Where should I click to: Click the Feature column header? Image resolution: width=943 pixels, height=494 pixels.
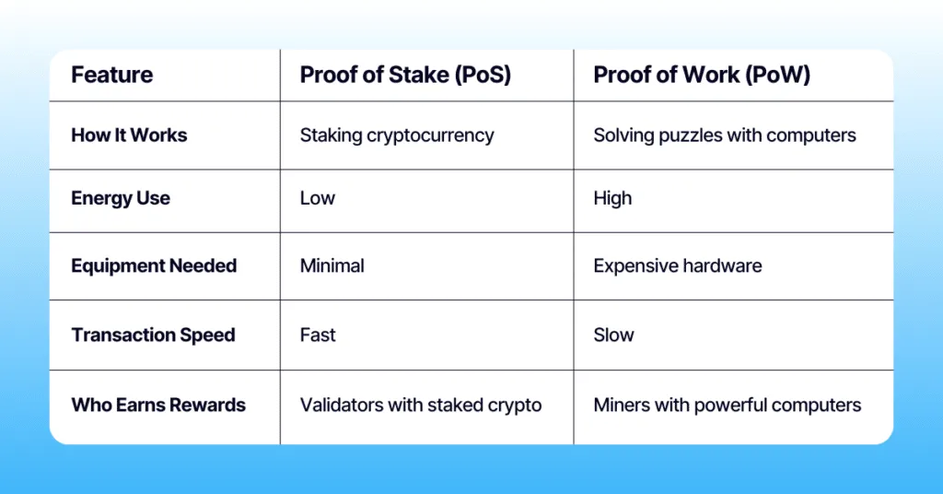112,75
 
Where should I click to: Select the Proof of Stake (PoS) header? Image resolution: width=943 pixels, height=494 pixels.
405,75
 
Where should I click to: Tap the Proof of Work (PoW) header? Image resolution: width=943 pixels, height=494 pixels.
702,75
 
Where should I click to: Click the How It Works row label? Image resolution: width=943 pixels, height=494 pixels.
129,135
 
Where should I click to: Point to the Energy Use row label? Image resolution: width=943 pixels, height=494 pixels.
121,198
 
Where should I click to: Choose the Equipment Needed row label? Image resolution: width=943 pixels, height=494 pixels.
154,266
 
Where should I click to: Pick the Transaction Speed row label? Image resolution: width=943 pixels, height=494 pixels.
153,335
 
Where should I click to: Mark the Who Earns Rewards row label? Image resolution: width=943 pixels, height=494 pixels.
158,405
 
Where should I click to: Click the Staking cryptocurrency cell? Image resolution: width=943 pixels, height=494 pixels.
397,135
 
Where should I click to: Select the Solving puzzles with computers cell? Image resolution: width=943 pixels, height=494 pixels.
725,135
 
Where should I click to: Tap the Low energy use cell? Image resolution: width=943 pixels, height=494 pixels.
318,198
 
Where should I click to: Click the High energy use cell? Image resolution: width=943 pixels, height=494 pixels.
612,198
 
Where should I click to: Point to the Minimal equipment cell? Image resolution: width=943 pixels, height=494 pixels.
332,266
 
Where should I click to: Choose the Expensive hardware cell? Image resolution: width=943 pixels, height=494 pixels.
677,266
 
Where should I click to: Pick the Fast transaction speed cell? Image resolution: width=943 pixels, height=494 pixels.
318,335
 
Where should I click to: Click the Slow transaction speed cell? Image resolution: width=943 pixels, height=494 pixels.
613,335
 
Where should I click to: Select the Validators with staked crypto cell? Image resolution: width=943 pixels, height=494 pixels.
420,405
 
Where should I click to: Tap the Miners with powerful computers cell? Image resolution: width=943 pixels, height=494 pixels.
727,405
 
